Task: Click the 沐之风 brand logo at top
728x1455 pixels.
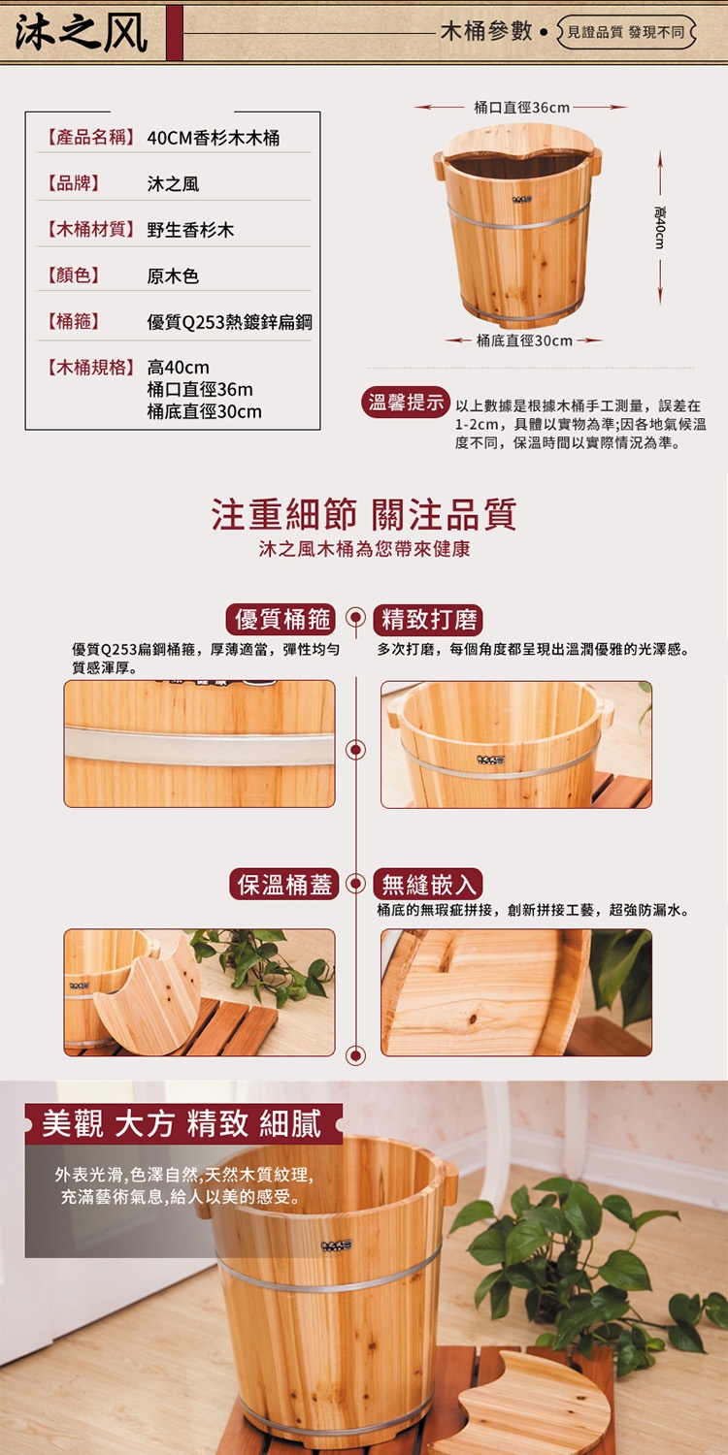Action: [82, 32]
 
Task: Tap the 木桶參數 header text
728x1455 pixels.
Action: [486, 30]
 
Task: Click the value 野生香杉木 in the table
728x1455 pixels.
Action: [190, 230]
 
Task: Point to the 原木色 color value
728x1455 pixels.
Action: [173, 276]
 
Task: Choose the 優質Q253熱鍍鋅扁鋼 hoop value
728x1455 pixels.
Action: [229, 321]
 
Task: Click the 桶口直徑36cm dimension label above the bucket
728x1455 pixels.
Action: [521, 107]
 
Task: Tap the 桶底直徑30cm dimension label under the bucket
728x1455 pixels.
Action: [524, 340]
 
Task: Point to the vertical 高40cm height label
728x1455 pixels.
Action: [660, 227]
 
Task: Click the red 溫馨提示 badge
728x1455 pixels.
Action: [406, 403]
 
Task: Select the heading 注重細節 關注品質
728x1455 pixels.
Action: [364, 514]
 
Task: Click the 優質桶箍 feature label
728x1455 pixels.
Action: [281, 620]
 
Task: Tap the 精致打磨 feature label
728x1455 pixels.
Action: [428, 620]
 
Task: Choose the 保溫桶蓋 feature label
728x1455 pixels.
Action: [284, 884]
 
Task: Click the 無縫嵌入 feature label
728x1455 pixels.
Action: [428, 884]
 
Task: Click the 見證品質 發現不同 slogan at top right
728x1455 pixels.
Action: [626, 32]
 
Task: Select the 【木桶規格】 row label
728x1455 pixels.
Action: [91, 368]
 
